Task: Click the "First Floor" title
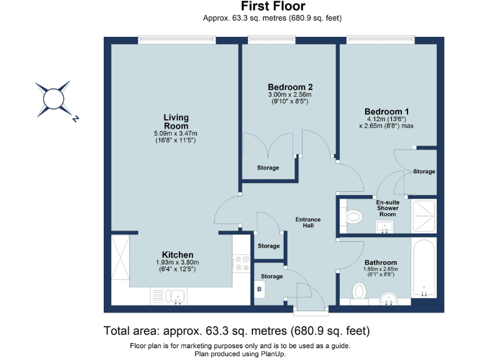tap(273, 6)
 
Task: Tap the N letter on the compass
tap(75, 119)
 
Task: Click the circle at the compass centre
tap(54, 99)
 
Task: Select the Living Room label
tap(176, 121)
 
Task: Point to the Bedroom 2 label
tap(290, 87)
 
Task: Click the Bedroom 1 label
tap(386, 112)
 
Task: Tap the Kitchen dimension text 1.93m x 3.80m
tap(177, 262)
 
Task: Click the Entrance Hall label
tap(308, 222)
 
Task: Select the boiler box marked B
tap(259, 289)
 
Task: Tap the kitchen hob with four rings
tap(241, 264)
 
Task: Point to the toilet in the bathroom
tap(359, 292)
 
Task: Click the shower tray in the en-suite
tap(424, 216)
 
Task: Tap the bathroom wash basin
tap(389, 299)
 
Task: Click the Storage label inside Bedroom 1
tap(424, 171)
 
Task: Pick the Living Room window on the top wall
tap(177, 39)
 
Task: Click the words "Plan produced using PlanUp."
tap(240, 354)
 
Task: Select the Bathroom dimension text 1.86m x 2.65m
tap(381, 269)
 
